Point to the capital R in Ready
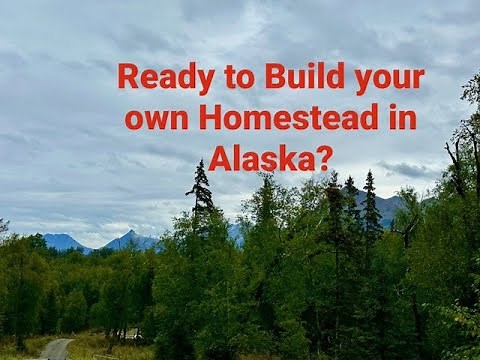pyautogui.click(x=127, y=78)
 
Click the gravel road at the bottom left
pyautogui.click(x=56, y=348)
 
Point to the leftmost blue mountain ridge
pyautogui.click(x=62, y=240)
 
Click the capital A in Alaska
pyautogui.click(x=220, y=157)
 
